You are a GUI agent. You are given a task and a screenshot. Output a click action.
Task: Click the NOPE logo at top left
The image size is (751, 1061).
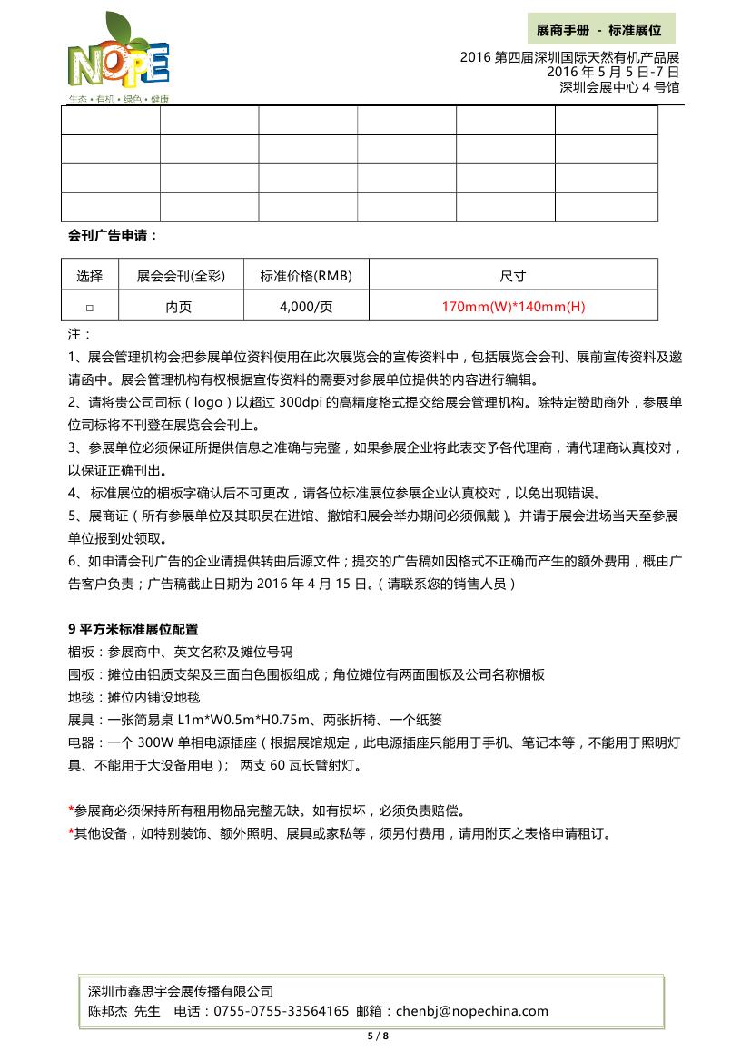point(118,60)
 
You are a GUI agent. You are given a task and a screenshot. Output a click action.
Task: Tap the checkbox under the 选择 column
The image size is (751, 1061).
point(89,308)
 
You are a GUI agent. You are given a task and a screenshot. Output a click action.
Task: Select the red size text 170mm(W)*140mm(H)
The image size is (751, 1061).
point(513,307)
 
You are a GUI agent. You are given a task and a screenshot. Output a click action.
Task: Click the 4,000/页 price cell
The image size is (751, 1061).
point(306,307)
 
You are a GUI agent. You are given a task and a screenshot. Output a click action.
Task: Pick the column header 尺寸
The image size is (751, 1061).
point(513,276)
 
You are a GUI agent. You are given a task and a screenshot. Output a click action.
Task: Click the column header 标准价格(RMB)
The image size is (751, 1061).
point(306,276)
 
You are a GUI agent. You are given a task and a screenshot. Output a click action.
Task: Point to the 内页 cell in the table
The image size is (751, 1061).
point(179,307)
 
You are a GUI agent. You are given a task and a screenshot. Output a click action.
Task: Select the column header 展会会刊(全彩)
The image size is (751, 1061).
point(180,276)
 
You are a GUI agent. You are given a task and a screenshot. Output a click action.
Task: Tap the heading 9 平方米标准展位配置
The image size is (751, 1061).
point(133,629)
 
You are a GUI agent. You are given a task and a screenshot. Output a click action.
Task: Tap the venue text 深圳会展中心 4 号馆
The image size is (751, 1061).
point(619,87)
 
